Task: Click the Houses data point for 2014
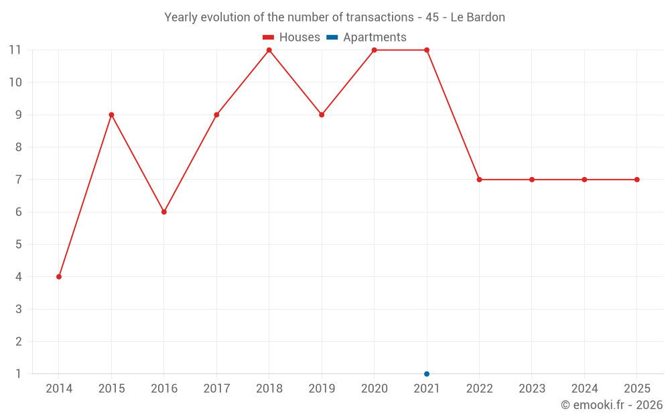point(59,277)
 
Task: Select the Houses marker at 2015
point(111,115)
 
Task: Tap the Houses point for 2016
point(164,212)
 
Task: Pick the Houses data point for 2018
point(269,50)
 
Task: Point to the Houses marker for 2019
point(322,115)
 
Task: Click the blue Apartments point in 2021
point(427,374)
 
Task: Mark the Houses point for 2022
point(479,180)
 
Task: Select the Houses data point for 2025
point(637,180)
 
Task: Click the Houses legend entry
point(291,38)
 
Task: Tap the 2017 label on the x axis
point(216,389)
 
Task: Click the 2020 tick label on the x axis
point(374,389)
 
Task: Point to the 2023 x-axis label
point(532,389)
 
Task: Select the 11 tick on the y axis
point(15,50)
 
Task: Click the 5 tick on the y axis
point(19,244)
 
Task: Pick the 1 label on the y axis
point(19,373)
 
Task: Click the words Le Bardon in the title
point(478,17)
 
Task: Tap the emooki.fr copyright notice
point(611,405)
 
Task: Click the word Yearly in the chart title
point(181,17)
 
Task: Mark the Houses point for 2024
point(584,180)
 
